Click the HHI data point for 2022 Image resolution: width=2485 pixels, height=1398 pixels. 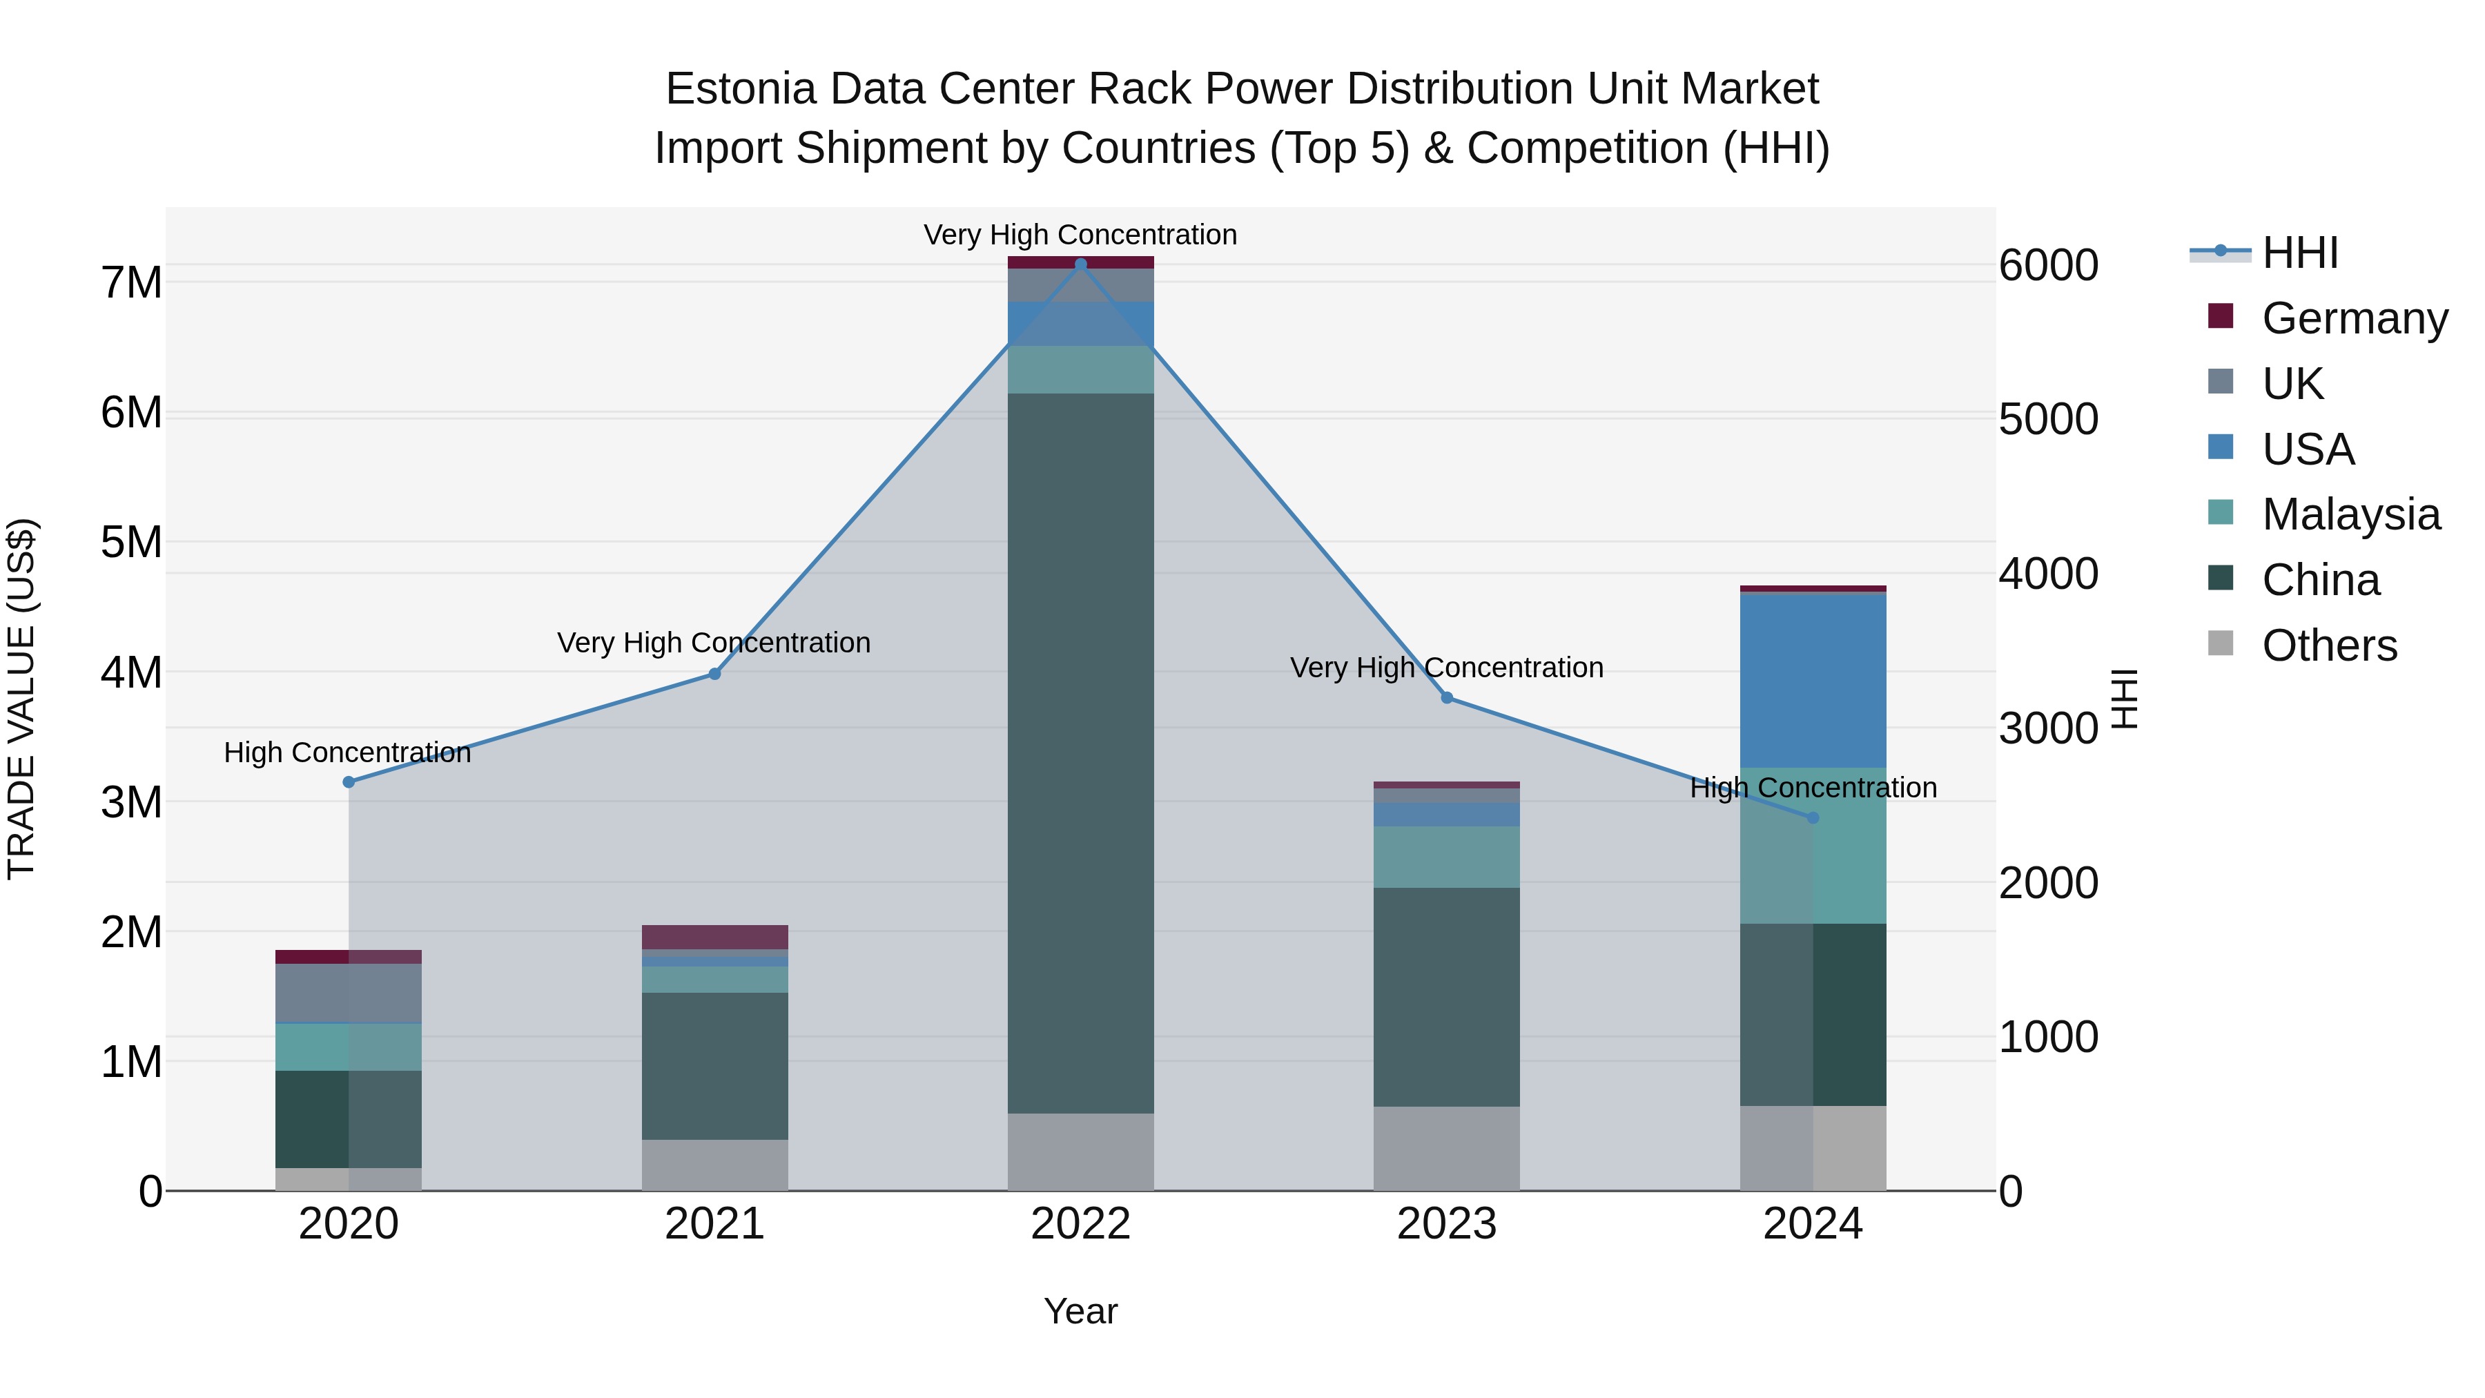pyautogui.click(x=1080, y=264)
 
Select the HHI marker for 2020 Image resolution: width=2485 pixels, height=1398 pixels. pyautogui.click(x=349, y=782)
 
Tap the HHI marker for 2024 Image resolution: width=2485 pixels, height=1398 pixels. pyautogui.click(x=1813, y=818)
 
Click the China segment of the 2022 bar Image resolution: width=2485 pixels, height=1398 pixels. pyautogui.click(x=1080, y=753)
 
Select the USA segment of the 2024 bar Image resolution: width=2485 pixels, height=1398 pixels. pyautogui.click(x=1813, y=680)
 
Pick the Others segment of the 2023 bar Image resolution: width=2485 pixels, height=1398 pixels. pyautogui.click(x=1446, y=1148)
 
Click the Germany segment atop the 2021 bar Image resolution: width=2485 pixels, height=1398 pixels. pyautogui.click(x=715, y=937)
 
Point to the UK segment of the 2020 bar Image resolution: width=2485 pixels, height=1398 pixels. pyautogui.click(x=349, y=993)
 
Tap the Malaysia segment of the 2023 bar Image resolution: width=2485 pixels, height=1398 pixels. pyautogui.click(x=1446, y=857)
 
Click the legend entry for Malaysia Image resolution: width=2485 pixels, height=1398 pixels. pyautogui.click(x=2350, y=514)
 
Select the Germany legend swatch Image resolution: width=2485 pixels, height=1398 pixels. pyautogui.click(x=2221, y=316)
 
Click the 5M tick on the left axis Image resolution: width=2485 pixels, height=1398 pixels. pyautogui.click(x=131, y=542)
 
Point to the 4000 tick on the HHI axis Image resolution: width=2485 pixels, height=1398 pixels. pyautogui.click(x=2048, y=574)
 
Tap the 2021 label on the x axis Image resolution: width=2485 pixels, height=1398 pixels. pyautogui.click(x=715, y=1224)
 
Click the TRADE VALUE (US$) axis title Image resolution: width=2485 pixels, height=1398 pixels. pyautogui.click(x=21, y=699)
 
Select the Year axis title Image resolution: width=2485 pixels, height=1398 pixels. pyautogui.click(x=1080, y=1311)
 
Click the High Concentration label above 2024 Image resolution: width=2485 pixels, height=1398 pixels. pyautogui.click(x=1813, y=788)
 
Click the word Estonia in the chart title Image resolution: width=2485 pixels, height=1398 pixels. pyautogui.click(x=740, y=90)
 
